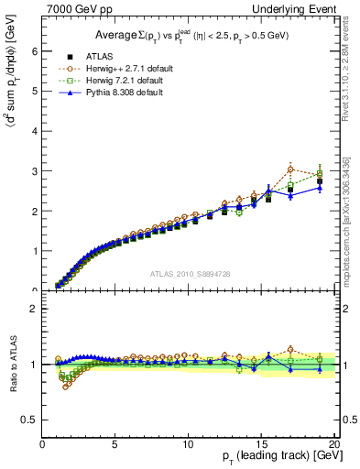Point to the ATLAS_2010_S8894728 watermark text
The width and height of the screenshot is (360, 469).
tap(190, 274)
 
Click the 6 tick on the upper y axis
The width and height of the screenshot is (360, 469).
tap(35, 51)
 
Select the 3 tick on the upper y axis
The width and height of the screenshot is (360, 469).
tap(35, 171)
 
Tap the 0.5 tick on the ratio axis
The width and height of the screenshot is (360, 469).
tap(31, 420)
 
